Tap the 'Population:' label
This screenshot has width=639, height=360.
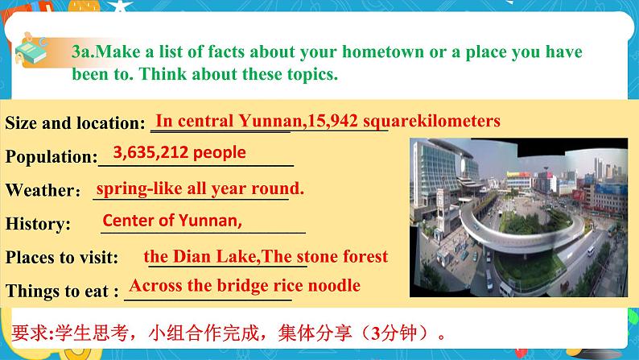point(51,158)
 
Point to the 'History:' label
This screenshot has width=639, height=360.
point(38,224)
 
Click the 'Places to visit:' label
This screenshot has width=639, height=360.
point(61,258)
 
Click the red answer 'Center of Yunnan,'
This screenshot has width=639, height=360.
point(172,220)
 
